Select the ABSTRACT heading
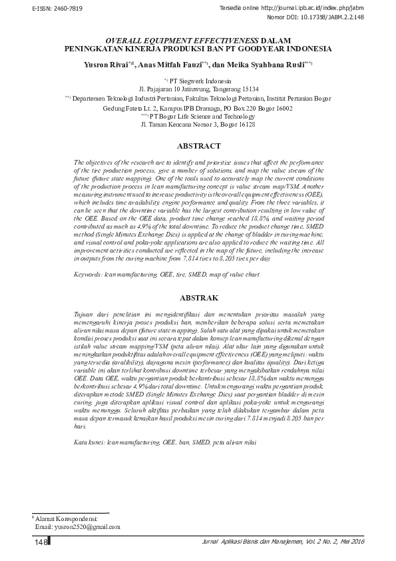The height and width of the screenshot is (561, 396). click(x=198, y=145)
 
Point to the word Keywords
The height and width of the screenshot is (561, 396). click(x=89, y=273)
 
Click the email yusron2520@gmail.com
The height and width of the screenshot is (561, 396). click(x=86, y=526)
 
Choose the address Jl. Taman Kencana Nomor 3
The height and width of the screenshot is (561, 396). click(x=198, y=125)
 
